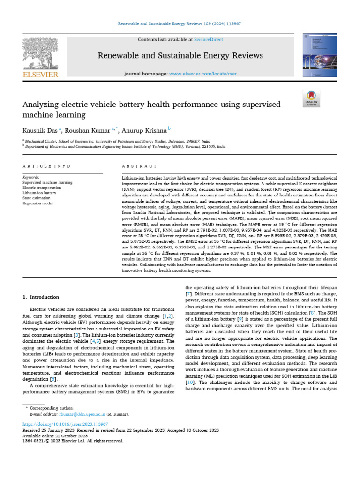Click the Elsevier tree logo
coord(40,55)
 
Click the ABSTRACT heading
coord(139,166)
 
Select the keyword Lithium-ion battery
coord(39,193)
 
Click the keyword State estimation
coord(37,198)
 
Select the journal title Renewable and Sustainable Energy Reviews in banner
coord(180,56)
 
